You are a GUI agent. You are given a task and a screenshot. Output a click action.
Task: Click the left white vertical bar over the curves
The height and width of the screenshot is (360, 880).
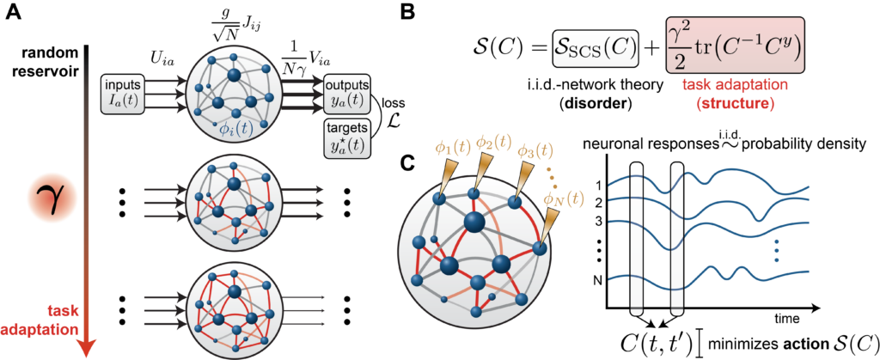point(637,236)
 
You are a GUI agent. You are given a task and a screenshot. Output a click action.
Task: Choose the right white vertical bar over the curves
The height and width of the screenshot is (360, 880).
point(676,236)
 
